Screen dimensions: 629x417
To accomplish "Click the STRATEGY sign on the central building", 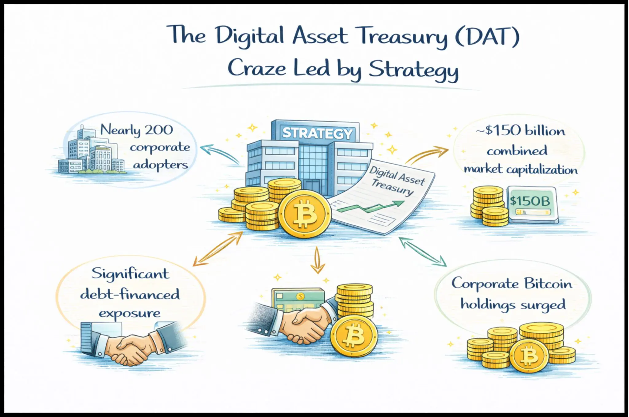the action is pyautogui.click(x=317, y=133).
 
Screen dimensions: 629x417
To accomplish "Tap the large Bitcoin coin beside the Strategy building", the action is pyautogui.click(x=305, y=213).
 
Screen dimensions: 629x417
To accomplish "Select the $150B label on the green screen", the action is pyautogui.click(x=530, y=201).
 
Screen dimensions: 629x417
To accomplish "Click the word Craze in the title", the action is pyautogui.click(x=257, y=68).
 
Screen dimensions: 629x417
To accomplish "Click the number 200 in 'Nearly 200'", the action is pyautogui.click(x=159, y=130).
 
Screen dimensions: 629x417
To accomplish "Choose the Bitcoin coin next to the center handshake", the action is pyautogui.click(x=354, y=336).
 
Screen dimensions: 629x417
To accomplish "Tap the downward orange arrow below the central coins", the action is pyautogui.click(x=318, y=260).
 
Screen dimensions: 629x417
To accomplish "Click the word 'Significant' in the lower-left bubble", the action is pyautogui.click(x=130, y=274).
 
